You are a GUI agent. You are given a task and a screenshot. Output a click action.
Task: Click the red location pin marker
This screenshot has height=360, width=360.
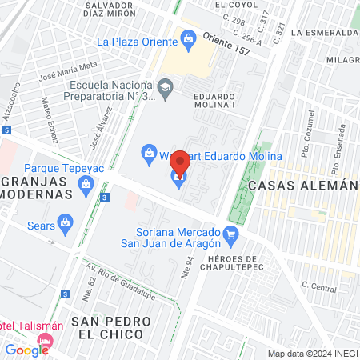tap(180, 164)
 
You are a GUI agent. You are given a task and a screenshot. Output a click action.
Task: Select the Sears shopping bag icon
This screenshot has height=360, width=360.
tap(66, 222)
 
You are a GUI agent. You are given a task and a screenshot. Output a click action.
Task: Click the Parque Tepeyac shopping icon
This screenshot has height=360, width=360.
tap(86, 185)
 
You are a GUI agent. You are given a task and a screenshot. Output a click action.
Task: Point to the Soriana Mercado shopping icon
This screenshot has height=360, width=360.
tap(231, 234)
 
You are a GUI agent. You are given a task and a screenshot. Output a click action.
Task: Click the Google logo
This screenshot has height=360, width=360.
tap(26, 350)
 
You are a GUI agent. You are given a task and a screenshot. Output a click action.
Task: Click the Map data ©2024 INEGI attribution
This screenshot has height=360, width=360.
tap(311, 354)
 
